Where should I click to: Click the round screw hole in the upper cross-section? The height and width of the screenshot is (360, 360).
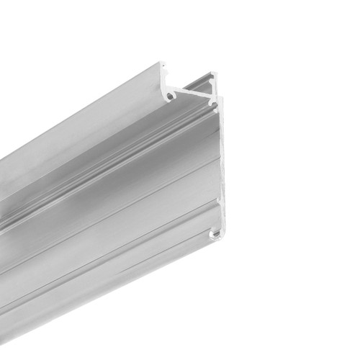(x=171, y=93)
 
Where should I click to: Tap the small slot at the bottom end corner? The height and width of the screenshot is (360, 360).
(x=215, y=235)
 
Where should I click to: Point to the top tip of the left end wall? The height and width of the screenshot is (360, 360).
(x=163, y=64)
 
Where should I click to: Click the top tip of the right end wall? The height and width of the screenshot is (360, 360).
(x=213, y=73)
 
